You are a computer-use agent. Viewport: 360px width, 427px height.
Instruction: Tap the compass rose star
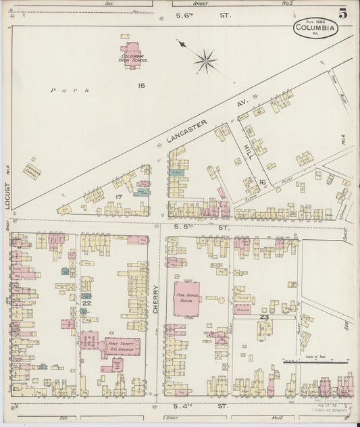click(x=205, y=61)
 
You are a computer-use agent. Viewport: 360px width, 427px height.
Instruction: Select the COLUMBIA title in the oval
click(x=316, y=29)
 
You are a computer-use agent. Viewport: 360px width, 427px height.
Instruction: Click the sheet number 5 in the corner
click(x=343, y=14)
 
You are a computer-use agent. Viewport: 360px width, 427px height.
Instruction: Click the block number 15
click(x=142, y=85)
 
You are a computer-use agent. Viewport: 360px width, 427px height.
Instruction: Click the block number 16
click(x=262, y=182)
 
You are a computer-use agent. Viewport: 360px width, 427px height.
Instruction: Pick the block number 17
click(x=119, y=197)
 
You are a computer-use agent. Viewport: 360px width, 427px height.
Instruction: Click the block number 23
click(x=263, y=316)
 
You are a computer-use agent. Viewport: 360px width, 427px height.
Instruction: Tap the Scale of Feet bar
click(x=326, y=363)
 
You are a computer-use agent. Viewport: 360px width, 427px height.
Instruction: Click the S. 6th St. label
click(x=192, y=14)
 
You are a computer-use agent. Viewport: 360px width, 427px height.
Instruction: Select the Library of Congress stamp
click(x=328, y=405)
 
